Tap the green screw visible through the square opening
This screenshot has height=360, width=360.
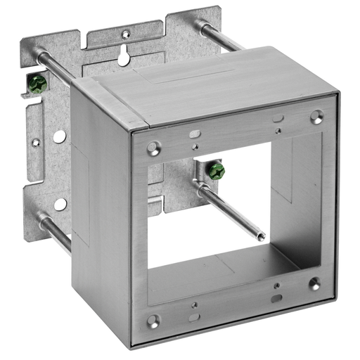click(214, 170)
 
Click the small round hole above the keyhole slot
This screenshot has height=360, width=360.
click(126, 33)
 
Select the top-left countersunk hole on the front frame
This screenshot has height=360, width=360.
click(153, 148)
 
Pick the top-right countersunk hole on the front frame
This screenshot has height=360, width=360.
click(317, 115)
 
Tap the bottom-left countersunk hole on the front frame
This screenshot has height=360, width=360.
click(153, 321)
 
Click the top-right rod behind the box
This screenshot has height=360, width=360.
click(222, 35)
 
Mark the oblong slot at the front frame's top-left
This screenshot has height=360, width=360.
click(192, 131)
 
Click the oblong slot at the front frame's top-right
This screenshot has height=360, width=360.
click(278, 117)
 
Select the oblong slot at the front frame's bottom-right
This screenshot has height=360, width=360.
click(278, 297)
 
